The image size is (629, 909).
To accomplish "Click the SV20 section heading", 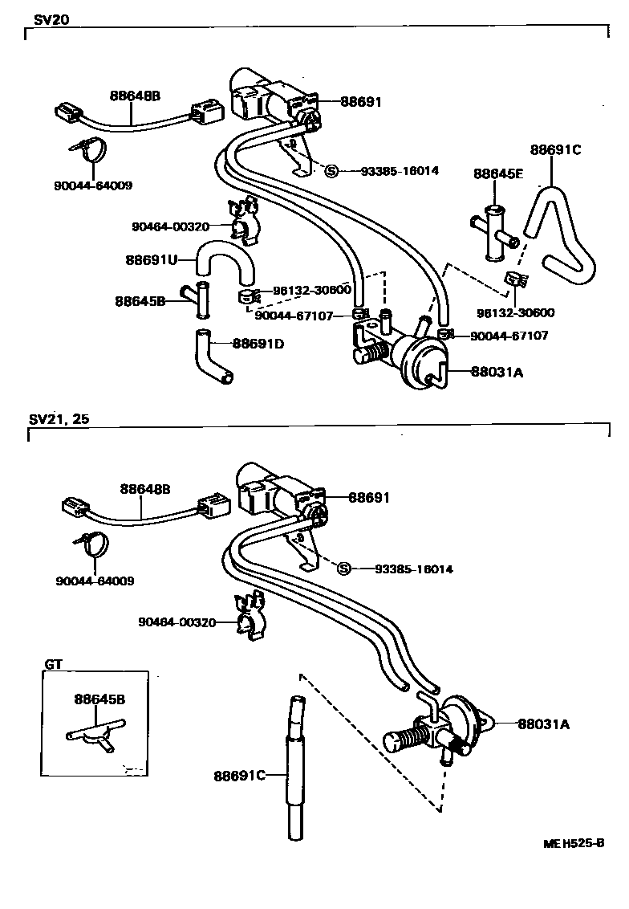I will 45,20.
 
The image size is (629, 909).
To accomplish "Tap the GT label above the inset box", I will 52,664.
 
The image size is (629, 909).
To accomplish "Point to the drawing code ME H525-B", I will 573,843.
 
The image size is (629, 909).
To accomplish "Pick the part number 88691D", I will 258,344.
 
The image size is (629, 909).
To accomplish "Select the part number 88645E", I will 497,173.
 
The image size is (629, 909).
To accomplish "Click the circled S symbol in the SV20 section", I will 331,170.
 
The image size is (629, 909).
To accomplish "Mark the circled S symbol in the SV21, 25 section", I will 344,569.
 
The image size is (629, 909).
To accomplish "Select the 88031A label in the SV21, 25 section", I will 542,724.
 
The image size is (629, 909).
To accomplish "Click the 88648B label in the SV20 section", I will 135,96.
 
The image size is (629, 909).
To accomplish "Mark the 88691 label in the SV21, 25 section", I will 368,498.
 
